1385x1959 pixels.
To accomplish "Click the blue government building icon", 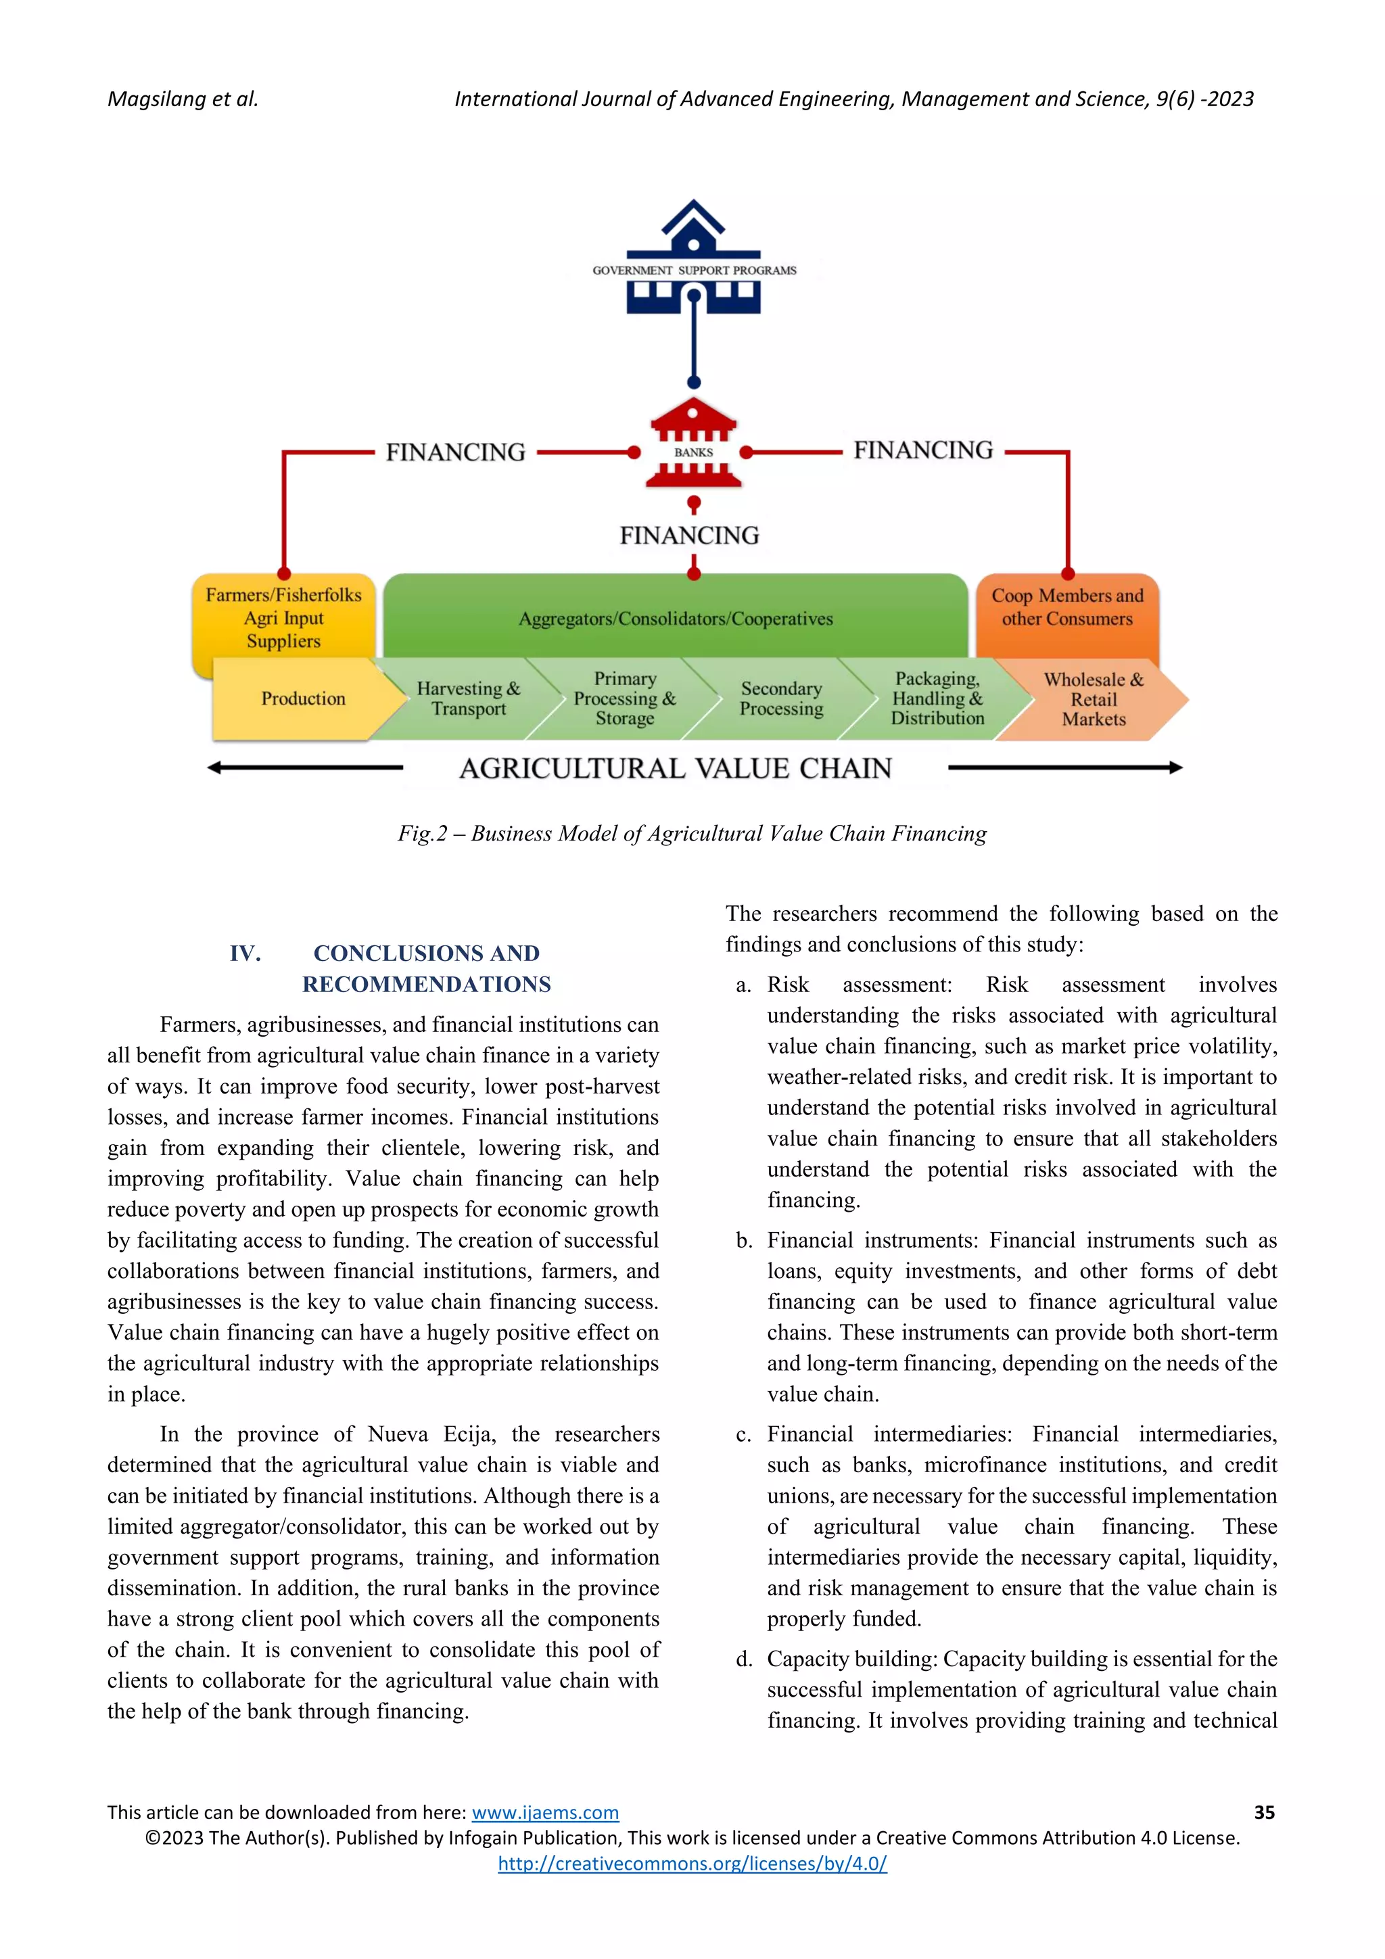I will tap(693, 257).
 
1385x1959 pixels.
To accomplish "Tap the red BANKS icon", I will tap(693, 444).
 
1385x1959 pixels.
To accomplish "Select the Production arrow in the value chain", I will tap(303, 699).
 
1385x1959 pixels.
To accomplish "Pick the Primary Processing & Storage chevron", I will tap(625, 699).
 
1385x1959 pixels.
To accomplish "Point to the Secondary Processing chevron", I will tap(781, 699).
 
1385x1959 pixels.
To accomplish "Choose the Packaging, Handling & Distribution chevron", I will tap(937, 699).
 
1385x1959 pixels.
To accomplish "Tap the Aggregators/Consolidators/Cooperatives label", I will tap(675, 619).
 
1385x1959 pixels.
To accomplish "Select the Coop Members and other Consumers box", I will tap(1066, 607).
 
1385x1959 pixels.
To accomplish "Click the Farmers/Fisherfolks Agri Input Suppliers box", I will tap(283, 618).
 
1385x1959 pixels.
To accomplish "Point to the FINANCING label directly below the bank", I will tap(690, 536).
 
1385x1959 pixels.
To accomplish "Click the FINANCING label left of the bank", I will tap(456, 452).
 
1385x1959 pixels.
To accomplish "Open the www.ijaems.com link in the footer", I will tap(545, 1813).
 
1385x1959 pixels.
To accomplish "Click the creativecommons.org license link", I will tap(692, 1864).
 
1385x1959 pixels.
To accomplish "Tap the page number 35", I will tap(1264, 1812).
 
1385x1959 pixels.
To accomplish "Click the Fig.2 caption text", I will tap(692, 834).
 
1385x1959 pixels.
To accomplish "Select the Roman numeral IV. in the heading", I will tap(245, 953).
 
